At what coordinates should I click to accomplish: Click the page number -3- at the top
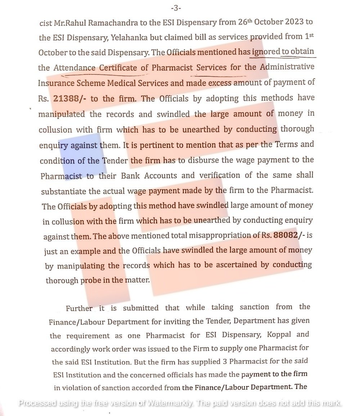point(176,8)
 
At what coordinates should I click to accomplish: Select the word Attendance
point(75,68)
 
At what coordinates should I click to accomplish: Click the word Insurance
point(56,83)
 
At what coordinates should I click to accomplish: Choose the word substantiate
point(62,191)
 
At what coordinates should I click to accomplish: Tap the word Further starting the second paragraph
point(80,308)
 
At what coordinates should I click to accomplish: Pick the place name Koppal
point(280,334)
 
